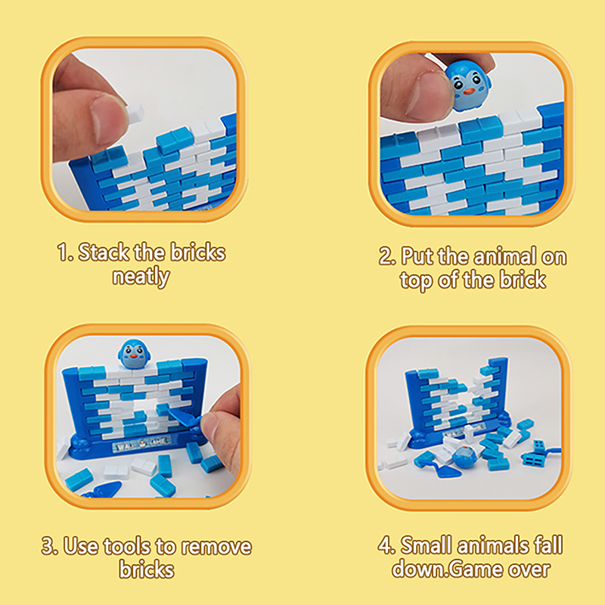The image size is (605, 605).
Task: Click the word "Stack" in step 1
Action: (x=104, y=253)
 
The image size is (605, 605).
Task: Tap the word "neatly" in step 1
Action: (x=141, y=277)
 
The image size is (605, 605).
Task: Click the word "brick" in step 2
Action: (x=523, y=280)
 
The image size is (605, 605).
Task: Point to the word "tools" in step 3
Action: (x=127, y=547)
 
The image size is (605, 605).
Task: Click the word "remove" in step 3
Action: (x=216, y=547)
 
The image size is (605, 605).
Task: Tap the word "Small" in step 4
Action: (x=426, y=545)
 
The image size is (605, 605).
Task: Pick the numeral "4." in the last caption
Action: (x=386, y=545)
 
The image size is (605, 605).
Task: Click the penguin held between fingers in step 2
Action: (x=468, y=86)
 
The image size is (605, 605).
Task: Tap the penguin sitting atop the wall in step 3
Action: (x=134, y=354)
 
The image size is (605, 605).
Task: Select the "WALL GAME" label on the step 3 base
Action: (x=141, y=443)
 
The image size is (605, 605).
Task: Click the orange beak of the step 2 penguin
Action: (x=469, y=92)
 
